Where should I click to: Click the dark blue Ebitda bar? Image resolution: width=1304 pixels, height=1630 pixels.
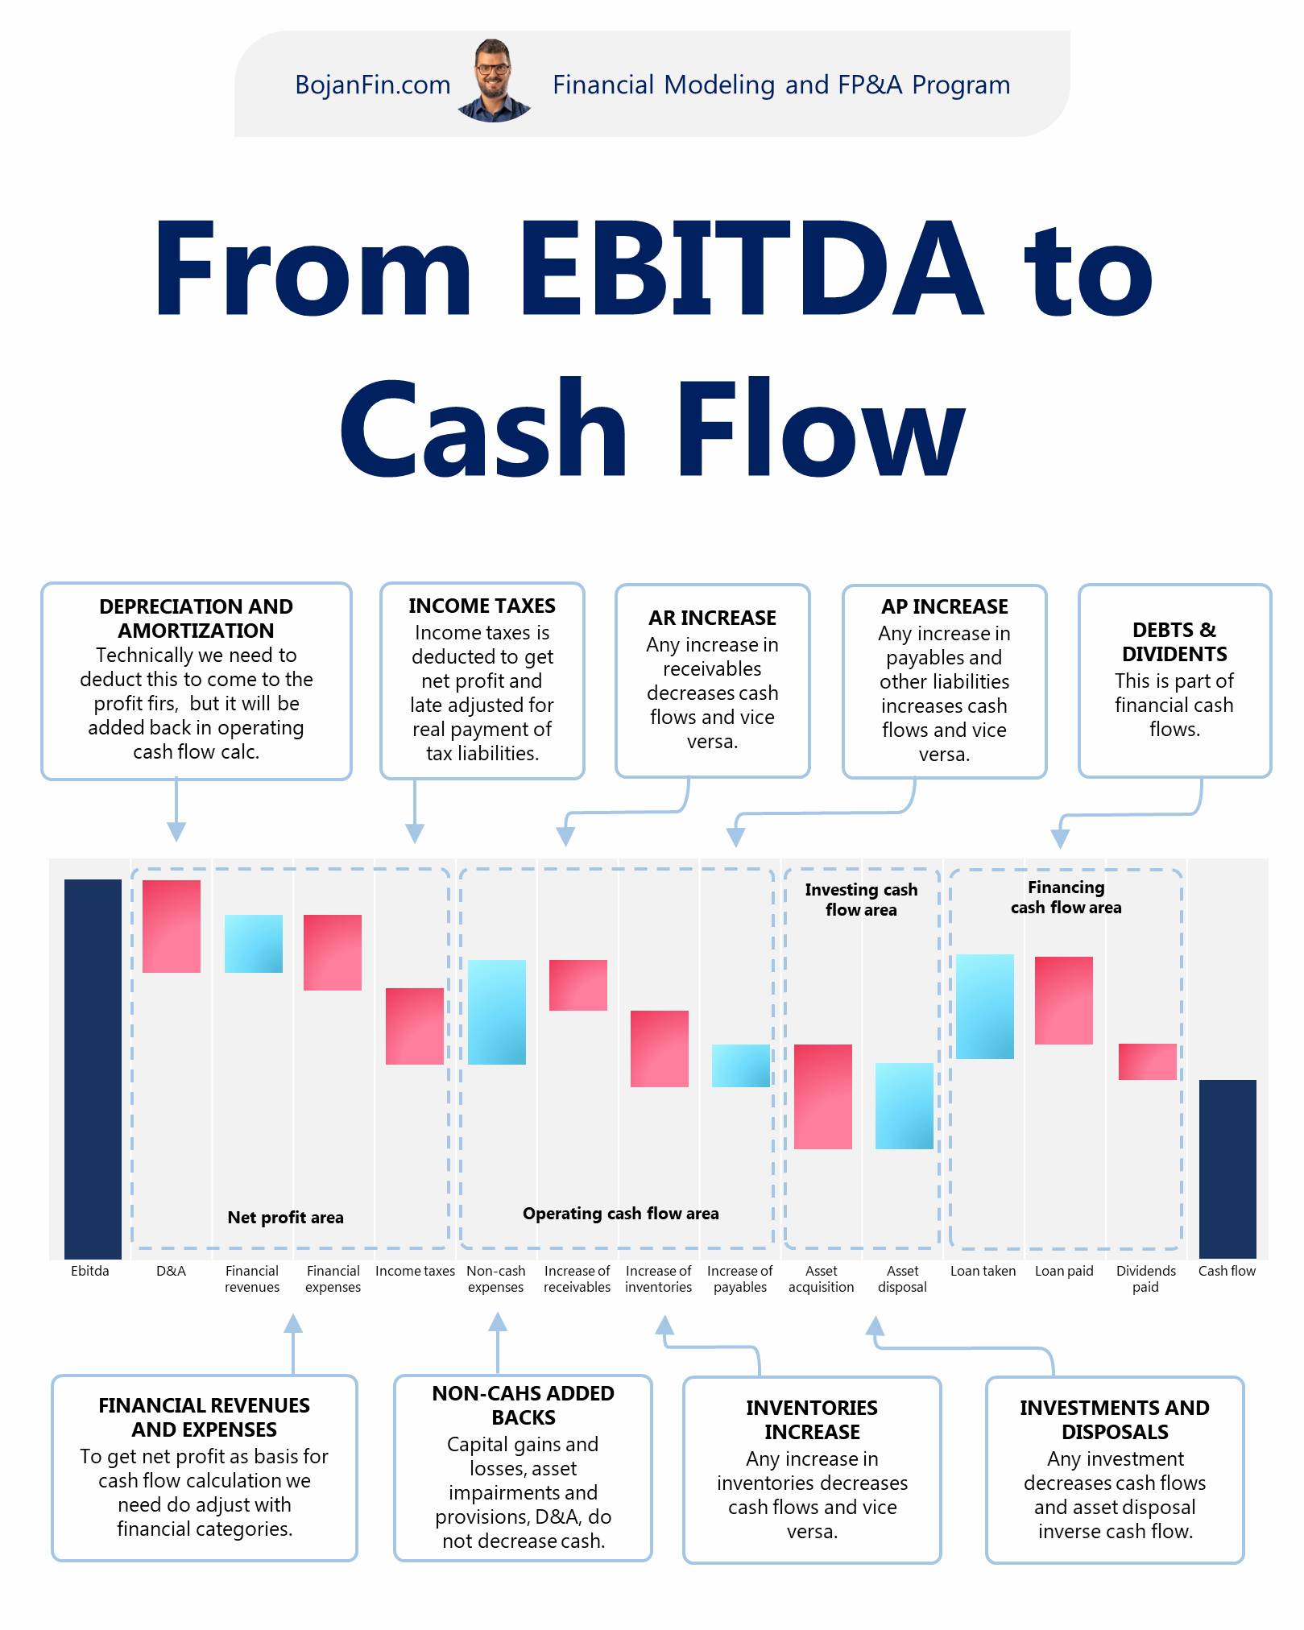coord(93,1068)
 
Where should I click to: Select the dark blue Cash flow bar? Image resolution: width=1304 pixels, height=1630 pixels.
coord(1227,1169)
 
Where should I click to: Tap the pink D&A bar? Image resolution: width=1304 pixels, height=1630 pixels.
coord(172,926)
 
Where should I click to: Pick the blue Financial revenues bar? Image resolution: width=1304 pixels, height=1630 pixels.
coord(253,944)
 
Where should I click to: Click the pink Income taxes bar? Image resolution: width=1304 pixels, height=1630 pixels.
coord(415,1026)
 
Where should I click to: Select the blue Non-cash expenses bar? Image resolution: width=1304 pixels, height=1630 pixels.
coord(496,1012)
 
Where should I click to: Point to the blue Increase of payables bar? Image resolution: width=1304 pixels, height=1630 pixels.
coord(740,1065)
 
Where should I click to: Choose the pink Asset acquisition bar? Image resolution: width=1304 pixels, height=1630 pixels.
coord(822,1096)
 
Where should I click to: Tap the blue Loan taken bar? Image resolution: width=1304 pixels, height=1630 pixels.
coord(984,1006)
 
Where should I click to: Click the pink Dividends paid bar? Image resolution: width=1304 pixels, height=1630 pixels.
coord(1147,1061)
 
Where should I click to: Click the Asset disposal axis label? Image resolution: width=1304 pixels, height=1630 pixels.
coord(902,1279)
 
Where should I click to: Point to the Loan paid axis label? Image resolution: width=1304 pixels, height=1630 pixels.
coord(1064,1271)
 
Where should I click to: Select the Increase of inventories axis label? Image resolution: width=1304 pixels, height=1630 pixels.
coord(658,1279)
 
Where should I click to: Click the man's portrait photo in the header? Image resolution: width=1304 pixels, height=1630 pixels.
coord(493,81)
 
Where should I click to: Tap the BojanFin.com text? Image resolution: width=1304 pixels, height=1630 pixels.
coord(372,85)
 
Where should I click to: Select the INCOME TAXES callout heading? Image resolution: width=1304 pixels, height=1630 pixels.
coord(482,606)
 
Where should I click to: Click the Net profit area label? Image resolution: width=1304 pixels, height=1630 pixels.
coord(285,1218)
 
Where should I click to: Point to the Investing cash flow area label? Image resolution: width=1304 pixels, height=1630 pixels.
coord(861,900)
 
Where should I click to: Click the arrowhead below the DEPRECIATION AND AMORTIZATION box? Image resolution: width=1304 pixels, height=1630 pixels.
coord(176,832)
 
